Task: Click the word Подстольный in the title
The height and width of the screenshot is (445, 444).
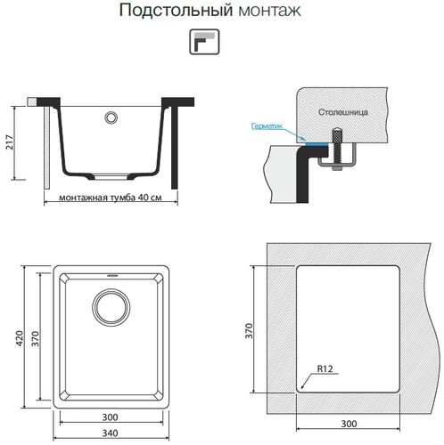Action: (x=175, y=12)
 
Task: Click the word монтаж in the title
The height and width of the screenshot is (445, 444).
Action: (x=267, y=12)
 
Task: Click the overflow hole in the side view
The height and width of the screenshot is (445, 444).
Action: (x=111, y=117)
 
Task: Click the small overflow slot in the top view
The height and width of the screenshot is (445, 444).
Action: (x=111, y=277)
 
